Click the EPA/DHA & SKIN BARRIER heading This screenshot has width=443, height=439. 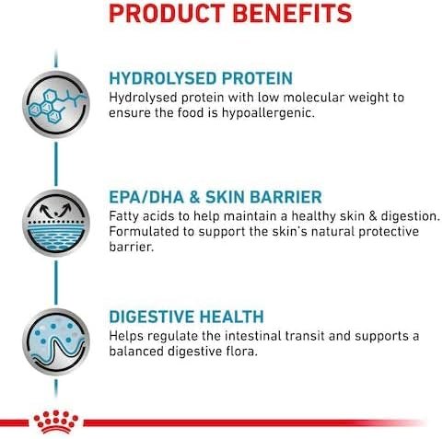click(x=215, y=196)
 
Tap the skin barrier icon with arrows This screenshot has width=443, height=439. click(x=56, y=218)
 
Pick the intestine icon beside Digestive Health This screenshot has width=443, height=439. click(x=56, y=338)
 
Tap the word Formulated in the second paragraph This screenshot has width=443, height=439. click(x=147, y=233)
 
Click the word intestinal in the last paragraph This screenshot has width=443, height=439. click(x=247, y=336)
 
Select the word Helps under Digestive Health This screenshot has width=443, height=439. click(x=126, y=336)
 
